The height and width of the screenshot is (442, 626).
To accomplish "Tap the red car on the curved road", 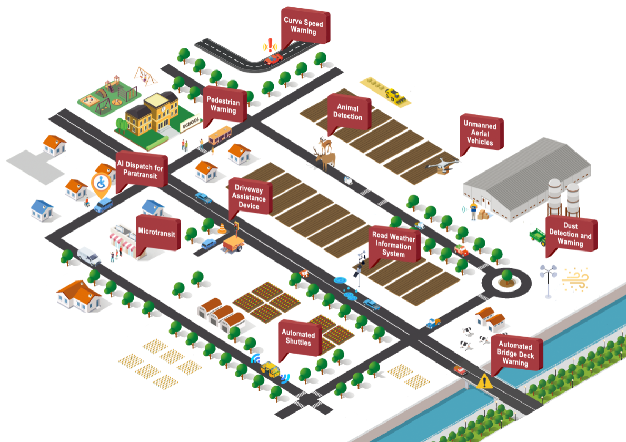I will (273, 58).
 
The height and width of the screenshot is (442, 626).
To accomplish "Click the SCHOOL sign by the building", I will (190, 125).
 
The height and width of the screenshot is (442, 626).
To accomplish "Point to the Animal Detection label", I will (348, 112).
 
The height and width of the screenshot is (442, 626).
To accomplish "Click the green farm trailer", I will (538, 236).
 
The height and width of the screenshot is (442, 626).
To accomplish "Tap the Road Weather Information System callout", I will (393, 246).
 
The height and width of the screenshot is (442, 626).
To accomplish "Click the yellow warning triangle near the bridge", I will (484, 381).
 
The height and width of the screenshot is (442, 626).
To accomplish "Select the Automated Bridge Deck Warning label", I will (515, 354).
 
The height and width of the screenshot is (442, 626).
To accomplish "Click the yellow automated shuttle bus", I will (270, 368).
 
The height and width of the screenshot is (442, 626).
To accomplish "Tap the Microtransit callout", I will (156, 232).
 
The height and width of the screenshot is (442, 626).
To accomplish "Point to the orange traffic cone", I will (222, 228).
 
